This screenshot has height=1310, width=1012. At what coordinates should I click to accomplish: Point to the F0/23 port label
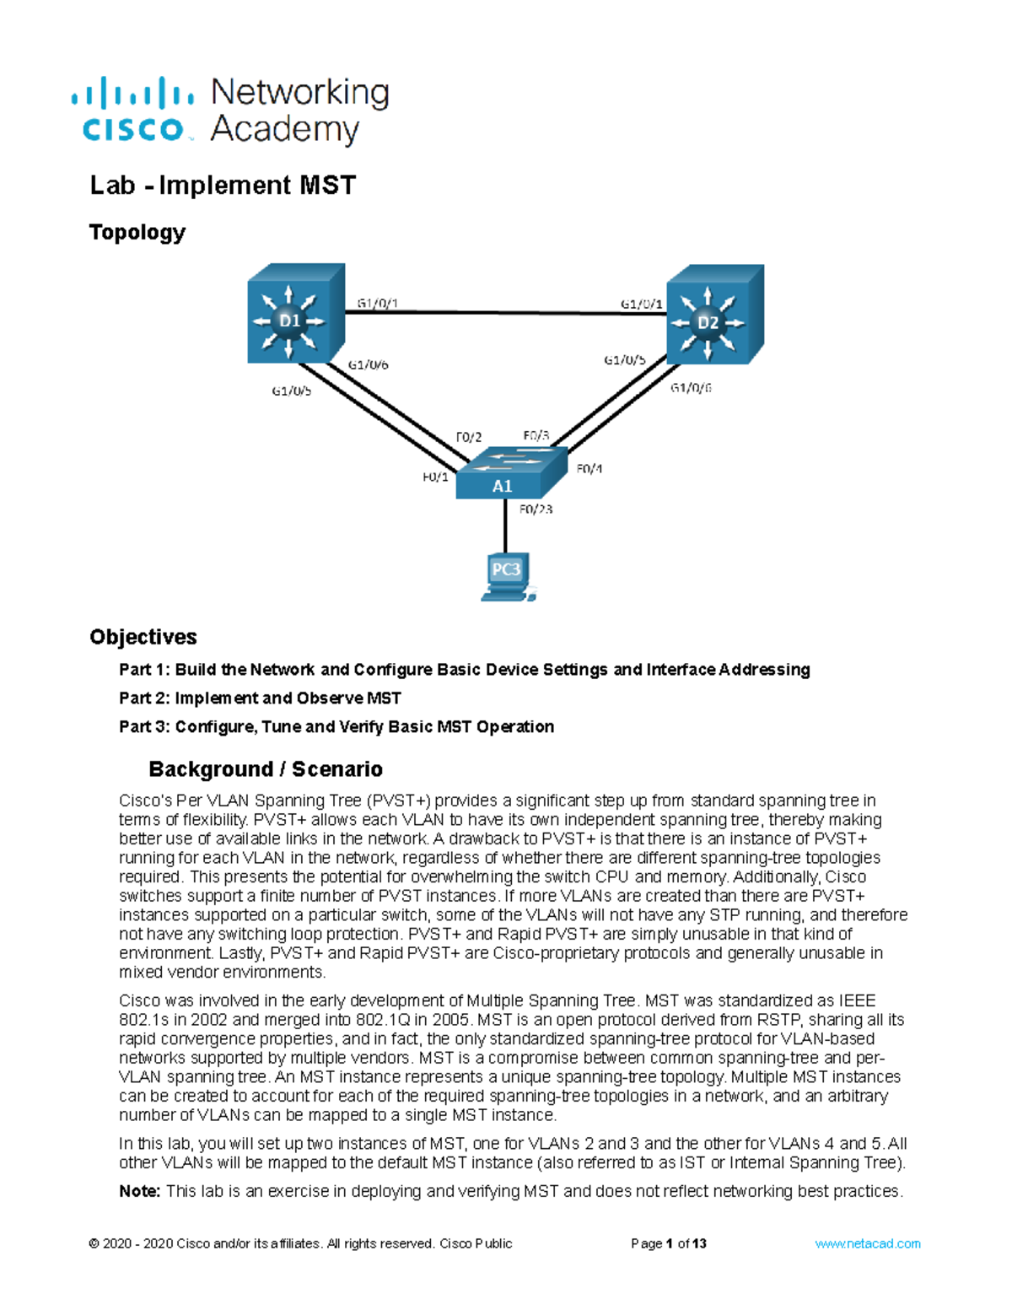(x=536, y=509)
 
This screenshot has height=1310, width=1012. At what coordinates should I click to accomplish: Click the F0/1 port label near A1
(x=435, y=477)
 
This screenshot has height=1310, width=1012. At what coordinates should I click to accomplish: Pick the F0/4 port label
(x=589, y=469)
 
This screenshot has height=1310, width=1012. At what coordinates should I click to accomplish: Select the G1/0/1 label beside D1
(x=377, y=303)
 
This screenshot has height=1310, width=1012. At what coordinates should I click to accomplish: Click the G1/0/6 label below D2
(x=691, y=388)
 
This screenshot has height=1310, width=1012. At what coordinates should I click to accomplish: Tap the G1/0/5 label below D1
(x=291, y=391)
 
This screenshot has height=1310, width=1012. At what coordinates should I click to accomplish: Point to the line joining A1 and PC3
(x=505, y=527)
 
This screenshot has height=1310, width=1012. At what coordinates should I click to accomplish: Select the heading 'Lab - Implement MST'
(x=223, y=185)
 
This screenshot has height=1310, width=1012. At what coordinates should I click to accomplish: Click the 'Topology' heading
(x=137, y=232)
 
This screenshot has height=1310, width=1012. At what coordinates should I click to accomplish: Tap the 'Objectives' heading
(x=143, y=637)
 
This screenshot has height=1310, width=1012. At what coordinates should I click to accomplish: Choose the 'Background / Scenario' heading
(x=266, y=769)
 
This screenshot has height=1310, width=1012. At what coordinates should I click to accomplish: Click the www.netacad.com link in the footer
(x=867, y=1243)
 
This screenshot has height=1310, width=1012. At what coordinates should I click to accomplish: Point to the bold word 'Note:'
(x=139, y=1191)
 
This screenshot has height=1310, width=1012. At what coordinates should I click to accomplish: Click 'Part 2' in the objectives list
(x=143, y=698)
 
